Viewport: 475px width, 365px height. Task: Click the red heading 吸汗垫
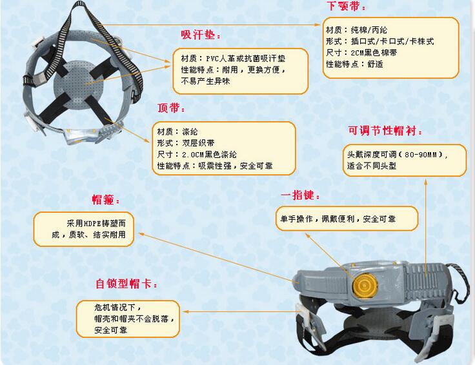pos(199,35)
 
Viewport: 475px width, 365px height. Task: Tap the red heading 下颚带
pos(344,5)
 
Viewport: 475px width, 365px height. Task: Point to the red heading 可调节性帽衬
pos(382,130)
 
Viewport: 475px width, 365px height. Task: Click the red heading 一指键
pos(298,195)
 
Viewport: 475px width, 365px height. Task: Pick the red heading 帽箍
pos(103,200)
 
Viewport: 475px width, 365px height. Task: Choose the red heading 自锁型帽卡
pos(124,284)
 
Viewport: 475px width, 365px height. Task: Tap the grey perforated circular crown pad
pos(78,84)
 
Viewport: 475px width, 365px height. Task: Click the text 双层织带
pos(198,143)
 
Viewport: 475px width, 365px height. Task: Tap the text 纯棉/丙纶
pos(369,30)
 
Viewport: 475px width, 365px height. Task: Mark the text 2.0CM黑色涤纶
pos(209,154)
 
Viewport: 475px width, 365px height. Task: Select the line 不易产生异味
pos(205,81)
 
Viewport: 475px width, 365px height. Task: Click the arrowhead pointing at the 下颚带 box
pos(318,25)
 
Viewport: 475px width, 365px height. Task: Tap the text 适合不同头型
pos(371,166)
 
